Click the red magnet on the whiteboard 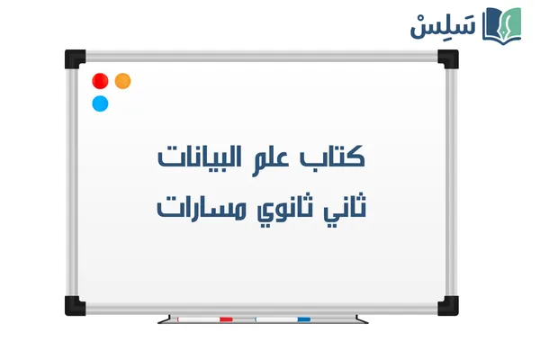pyautogui.click(x=100, y=80)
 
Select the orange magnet pyautogui.click(x=122, y=80)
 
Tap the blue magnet pyautogui.click(x=100, y=103)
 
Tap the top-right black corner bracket pyautogui.click(x=447, y=58)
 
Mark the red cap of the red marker pyautogui.click(x=226, y=319)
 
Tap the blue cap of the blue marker pyautogui.click(x=303, y=319)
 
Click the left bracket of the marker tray pyautogui.click(x=165, y=318)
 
